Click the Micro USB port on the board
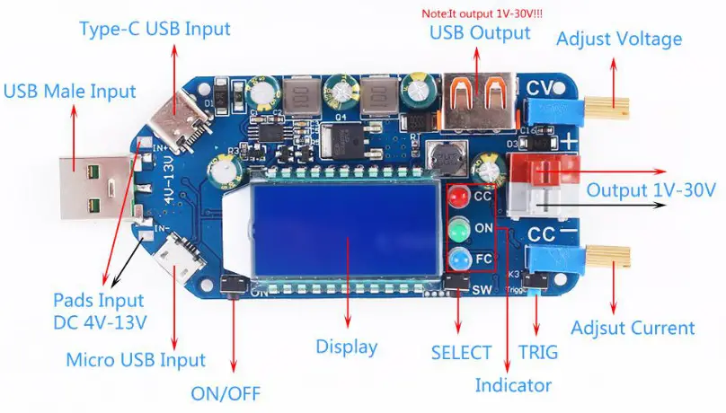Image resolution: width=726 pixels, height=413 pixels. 171,256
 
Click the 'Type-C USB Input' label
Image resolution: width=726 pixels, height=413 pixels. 155,28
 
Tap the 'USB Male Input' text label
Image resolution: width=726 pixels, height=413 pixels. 70,91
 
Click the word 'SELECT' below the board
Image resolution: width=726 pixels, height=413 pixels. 461,353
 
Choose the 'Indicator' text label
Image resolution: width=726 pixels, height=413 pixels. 513,386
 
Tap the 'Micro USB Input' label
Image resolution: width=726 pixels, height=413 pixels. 136,360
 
